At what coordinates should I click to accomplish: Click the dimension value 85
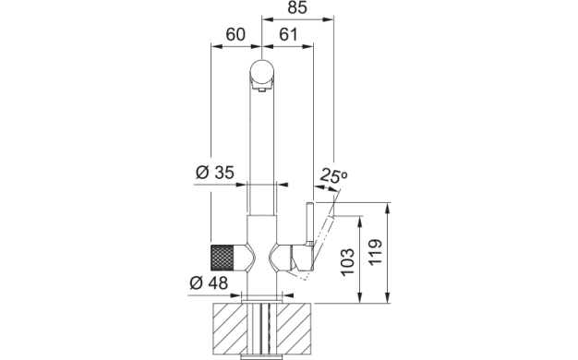click(x=297, y=7)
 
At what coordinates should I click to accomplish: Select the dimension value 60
click(x=235, y=35)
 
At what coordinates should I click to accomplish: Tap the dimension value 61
click(x=288, y=35)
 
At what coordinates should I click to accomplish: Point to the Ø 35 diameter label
click(x=214, y=172)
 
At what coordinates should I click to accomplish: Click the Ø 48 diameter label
click(x=209, y=283)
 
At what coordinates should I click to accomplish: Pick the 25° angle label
click(x=333, y=175)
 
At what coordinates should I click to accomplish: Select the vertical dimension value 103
click(x=347, y=262)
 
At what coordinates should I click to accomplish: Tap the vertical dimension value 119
click(x=375, y=252)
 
